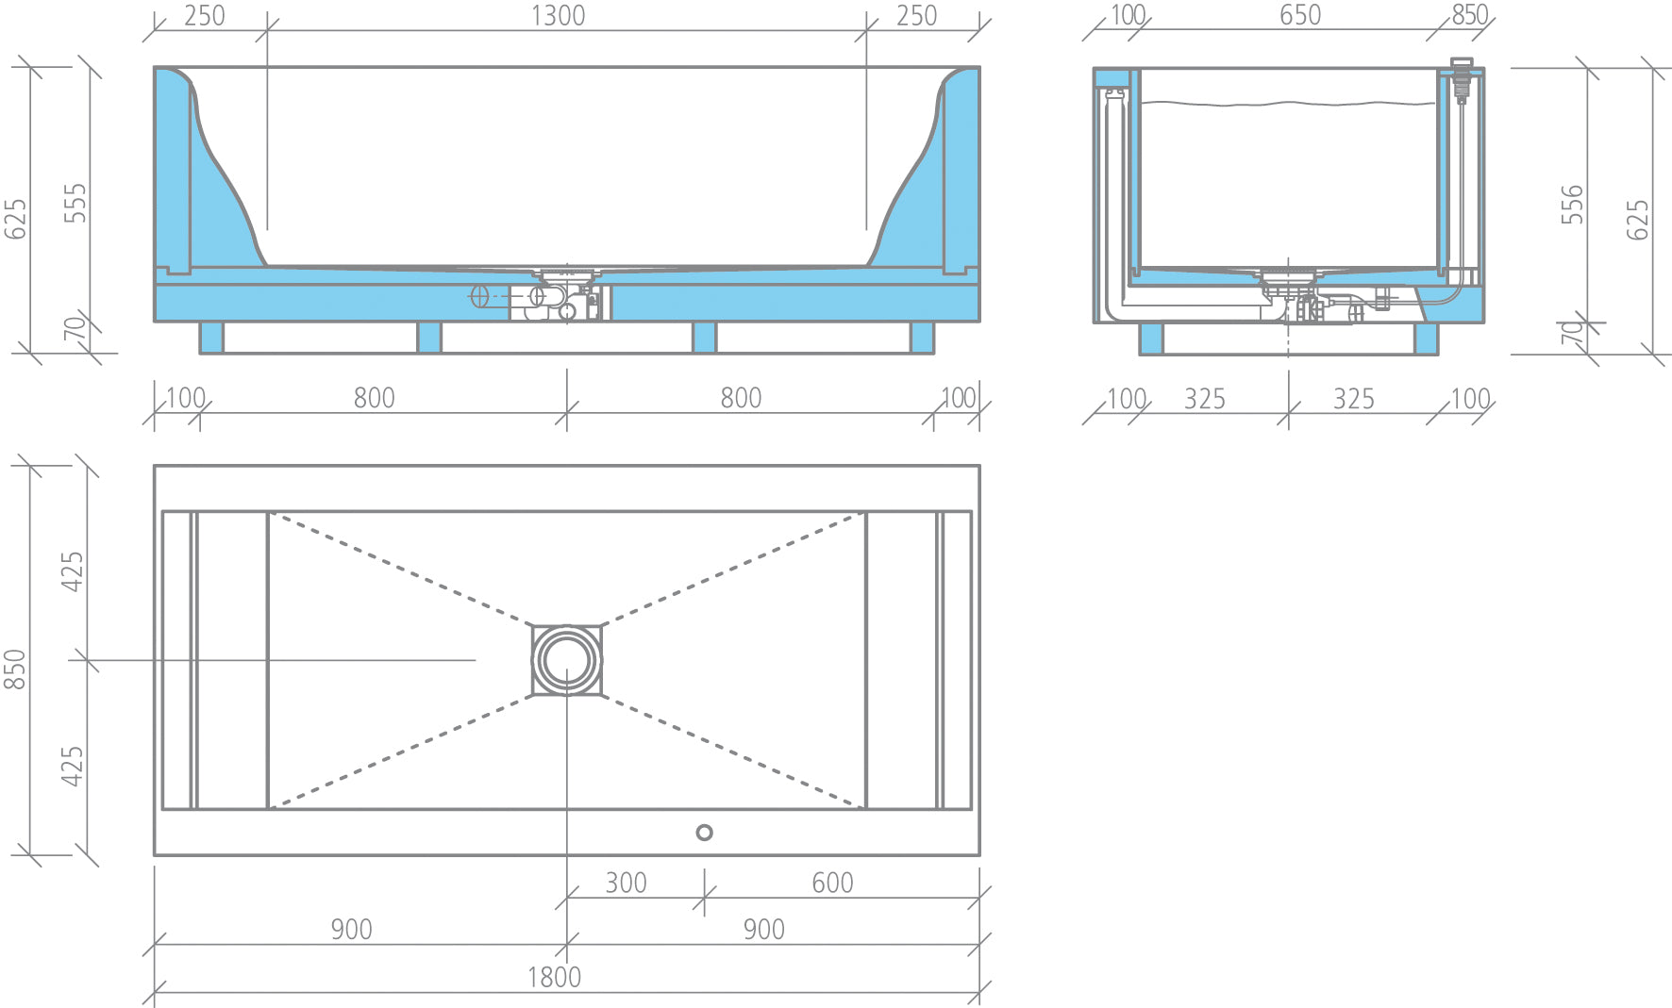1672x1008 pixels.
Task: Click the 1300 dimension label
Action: click(558, 16)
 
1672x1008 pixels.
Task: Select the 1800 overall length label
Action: click(554, 977)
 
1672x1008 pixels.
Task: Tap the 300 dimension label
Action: click(626, 883)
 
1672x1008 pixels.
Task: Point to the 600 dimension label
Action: click(832, 883)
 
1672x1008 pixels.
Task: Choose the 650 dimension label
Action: click(1300, 15)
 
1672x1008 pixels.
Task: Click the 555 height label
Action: click(75, 204)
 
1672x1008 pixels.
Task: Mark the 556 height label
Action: click(1571, 205)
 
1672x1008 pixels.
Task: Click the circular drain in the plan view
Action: click(566, 660)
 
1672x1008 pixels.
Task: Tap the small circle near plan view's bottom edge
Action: click(704, 833)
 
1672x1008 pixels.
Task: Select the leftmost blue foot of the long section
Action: click(211, 338)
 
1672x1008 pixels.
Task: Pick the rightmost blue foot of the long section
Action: click(922, 338)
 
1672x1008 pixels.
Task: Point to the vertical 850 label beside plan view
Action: click(15, 669)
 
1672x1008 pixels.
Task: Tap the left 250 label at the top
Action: click(205, 16)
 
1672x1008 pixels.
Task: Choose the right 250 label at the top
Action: click(916, 16)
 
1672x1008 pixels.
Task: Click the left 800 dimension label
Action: click(374, 398)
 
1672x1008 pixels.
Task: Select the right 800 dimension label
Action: click(741, 398)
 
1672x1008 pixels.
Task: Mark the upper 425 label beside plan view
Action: click(73, 571)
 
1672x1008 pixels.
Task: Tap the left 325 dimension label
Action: click(1205, 399)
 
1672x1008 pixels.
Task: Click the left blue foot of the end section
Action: click(1151, 339)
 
